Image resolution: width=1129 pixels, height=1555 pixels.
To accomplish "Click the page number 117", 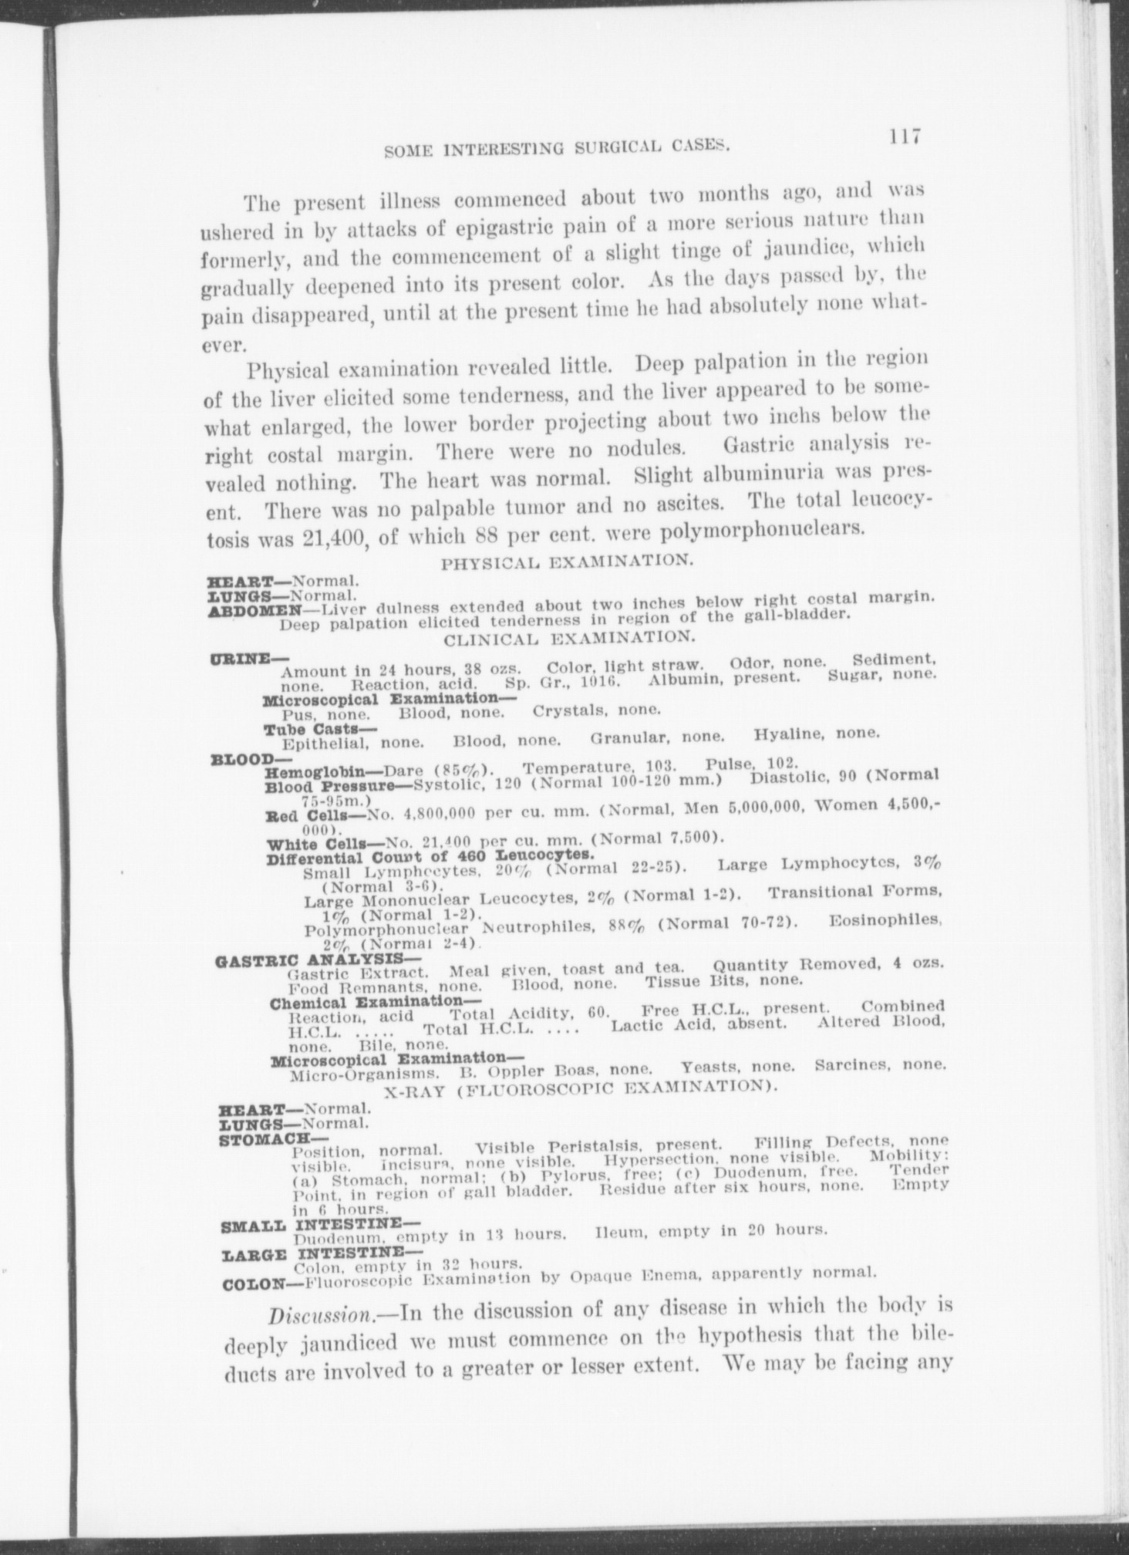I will click(x=905, y=137).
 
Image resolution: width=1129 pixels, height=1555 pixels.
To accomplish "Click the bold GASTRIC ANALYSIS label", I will click(x=306, y=960).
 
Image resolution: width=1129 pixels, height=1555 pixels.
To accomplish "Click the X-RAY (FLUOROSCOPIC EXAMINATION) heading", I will click(x=578, y=1087).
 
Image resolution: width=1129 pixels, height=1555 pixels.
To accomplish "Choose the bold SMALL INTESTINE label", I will click(x=319, y=1224).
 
